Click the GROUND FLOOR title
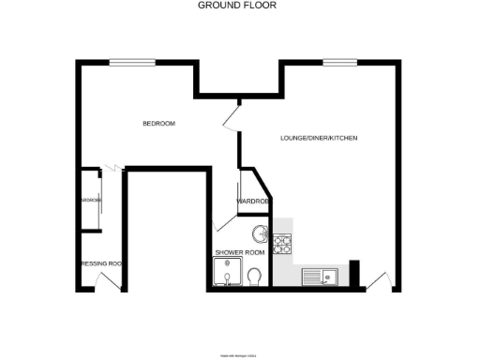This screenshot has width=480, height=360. click(237, 6)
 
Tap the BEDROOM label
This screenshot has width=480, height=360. click(158, 124)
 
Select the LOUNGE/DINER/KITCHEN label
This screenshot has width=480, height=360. click(319, 139)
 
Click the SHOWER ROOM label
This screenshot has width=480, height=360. click(240, 253)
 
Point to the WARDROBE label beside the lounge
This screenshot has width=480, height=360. click(253, 202)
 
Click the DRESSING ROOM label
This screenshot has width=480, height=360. click(101, 263)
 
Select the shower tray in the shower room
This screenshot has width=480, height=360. click(225, 274)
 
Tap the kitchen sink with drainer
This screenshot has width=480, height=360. click(320, 277)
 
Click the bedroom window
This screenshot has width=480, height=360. click(132, 63)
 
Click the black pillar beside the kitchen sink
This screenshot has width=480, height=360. click(354, 273)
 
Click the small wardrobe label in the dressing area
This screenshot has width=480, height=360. click(91, 201)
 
